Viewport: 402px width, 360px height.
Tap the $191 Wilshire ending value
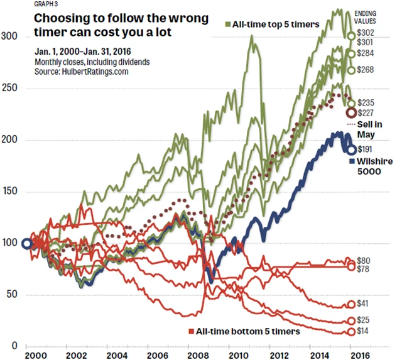point(365,150)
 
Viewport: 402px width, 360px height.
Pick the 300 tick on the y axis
point(9,37)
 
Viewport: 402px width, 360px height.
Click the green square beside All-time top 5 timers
point(227,24)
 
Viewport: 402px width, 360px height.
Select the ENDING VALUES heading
point(367,17)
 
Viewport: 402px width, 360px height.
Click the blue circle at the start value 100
point(26,244)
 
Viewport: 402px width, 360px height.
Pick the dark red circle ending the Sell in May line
point(352,113)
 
